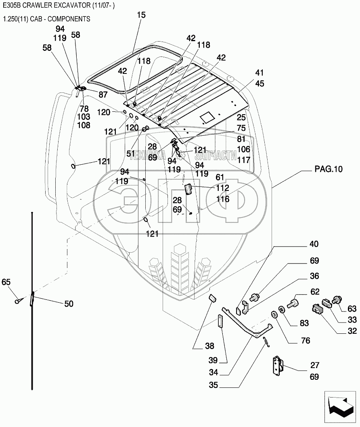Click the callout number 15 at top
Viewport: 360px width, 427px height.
tap(141, 15)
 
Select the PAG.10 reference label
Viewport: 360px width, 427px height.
tap(329, 169)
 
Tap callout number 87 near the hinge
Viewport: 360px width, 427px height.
tap(103, 94)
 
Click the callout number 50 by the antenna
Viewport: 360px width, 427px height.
tap(69, 304)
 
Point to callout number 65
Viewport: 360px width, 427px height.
tap(6, 282)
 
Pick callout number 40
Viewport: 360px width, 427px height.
tap(314, 244)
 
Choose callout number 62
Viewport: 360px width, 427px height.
tap(315, 292)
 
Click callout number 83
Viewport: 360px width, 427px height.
tap(304, 323)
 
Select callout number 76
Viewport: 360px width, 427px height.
tap(306, 341)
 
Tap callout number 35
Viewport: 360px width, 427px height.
tap(213, 385)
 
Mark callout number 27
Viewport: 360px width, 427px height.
tap(314, 365)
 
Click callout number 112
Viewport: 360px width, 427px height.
tap(223, 188)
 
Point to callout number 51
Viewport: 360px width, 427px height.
tap(131, 154)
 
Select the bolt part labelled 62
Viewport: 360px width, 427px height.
tap(293, 303)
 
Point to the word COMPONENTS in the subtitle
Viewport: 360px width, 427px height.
tap(69, 19)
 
